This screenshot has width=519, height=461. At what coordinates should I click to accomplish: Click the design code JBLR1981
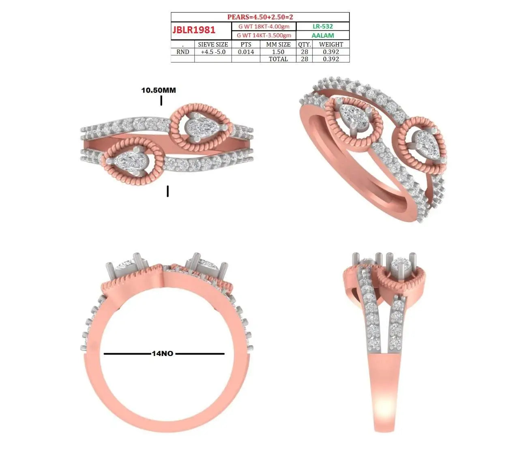pyautogui.click(x=194, y=30)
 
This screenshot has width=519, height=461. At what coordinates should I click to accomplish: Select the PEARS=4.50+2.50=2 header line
pyautogui.click(x=260, y=17)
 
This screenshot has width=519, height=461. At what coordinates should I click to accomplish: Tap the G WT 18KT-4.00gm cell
pyautogui.click(x=264, y=26)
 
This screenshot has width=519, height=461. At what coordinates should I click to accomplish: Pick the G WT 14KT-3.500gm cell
pyautogui.click(x=264, y=35)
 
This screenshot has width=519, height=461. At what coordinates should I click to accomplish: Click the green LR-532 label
pyautogui.click(x=322, y=26)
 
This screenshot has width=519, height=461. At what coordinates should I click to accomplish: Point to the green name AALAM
pyautogui.click(x=322, y=35)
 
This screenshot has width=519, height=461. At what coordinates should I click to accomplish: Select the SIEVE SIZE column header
pyautogui.click(x=213, y=44)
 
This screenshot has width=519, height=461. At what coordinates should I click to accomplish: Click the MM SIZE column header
pyautogui.click(x=278, y=44)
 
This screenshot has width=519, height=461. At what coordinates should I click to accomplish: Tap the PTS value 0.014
pyautogui.click(x=246, y=52)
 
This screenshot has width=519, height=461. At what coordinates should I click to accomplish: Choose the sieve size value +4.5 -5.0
pyautogui.click(x=213, y=52)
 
